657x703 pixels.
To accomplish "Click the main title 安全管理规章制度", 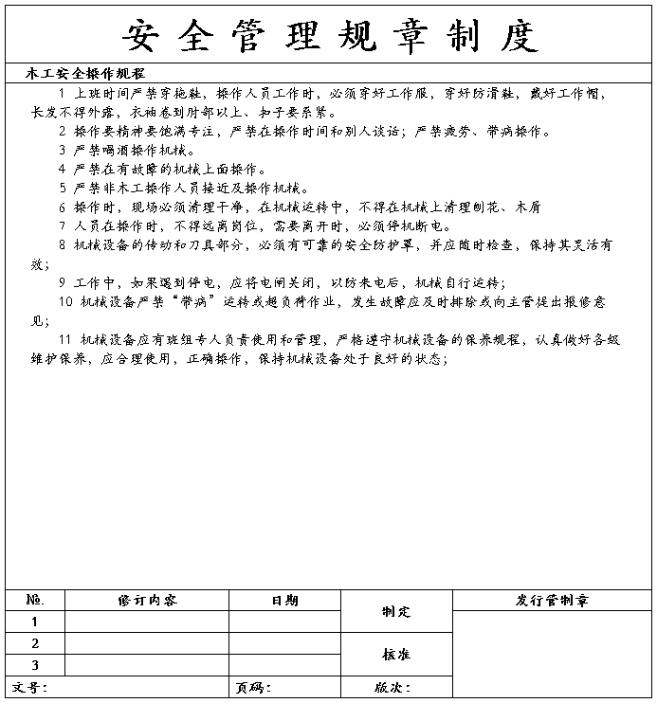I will [x=329, y=36].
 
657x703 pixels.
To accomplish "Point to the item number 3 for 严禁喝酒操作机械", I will [x=63, y=150].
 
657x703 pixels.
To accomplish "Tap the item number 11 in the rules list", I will [x=65, y=339].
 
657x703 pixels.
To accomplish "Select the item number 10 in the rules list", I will [x=65, y=302].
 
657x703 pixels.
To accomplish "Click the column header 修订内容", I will [x=147, y=601].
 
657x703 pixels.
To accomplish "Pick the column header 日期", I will [x=284, y=601].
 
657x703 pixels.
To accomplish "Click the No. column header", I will [x=35, y=601].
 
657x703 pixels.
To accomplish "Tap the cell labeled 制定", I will [x=396, y=612].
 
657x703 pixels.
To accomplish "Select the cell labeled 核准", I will [x=396, y=655].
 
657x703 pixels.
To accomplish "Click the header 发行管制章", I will [x=553, y=601].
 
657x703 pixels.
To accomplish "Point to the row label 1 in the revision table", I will [x=35, y=622].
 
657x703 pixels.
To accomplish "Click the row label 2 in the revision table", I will [x=35, y=644].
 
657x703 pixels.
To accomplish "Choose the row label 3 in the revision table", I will [x=35, y=665].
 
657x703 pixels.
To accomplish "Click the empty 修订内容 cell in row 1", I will [x=147, y=622].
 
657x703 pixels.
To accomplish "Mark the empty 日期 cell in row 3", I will [x=284, y=665].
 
